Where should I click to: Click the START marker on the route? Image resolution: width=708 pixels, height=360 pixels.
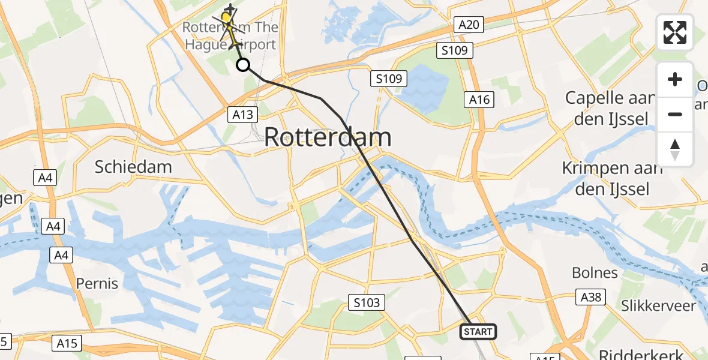pos(478,332)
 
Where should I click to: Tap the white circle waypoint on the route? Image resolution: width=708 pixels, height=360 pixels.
pos(243,65)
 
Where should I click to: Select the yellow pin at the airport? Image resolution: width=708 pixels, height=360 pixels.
pos(226,18)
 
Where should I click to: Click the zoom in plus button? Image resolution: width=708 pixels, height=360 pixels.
pos(675,79)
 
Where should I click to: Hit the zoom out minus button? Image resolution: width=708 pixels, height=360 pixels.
pos(675,114)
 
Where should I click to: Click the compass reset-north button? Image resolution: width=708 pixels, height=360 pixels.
pos(675,149)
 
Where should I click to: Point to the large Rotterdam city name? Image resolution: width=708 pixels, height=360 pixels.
pos(328,138)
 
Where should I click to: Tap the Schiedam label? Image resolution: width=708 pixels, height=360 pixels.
pos(133,167)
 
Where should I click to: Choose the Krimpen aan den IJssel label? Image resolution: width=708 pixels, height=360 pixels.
pos(612,179)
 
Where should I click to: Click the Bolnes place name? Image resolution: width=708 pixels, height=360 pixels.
pos(595,273)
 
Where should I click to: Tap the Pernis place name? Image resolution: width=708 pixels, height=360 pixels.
pos(97,283)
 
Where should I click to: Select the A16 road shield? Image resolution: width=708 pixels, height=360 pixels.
pos(479,100)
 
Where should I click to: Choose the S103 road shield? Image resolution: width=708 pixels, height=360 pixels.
pos(367,303)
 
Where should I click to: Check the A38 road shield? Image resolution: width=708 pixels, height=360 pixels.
pos(591,297)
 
